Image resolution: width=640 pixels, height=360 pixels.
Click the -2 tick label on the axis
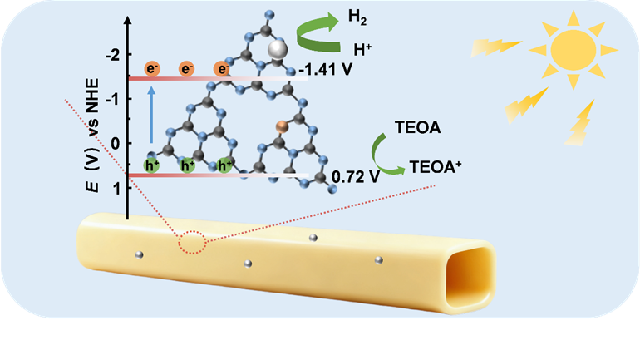pos(113,55)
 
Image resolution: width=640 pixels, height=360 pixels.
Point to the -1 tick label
pos(113,99)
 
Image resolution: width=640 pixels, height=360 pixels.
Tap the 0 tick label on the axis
pos(116,144)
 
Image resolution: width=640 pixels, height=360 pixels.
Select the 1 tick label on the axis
pos(117,188)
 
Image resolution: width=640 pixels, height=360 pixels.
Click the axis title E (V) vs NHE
pos(92,135)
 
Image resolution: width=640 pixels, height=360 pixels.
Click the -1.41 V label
pos(325,70)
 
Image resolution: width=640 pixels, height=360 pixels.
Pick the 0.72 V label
pos(356,177)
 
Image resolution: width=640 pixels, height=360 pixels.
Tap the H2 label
pos(357,17)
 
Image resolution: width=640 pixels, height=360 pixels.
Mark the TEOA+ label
pos(436,167)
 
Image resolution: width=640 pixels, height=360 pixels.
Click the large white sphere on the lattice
pos(278,49)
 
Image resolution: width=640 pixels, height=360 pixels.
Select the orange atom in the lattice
pos(282,127)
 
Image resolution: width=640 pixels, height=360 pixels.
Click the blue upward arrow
pos(151,115)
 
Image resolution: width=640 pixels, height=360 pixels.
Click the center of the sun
pos(573,50)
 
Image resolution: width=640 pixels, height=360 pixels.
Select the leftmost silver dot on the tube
pos(139,255)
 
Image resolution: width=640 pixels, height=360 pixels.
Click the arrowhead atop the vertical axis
pos(128,21)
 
